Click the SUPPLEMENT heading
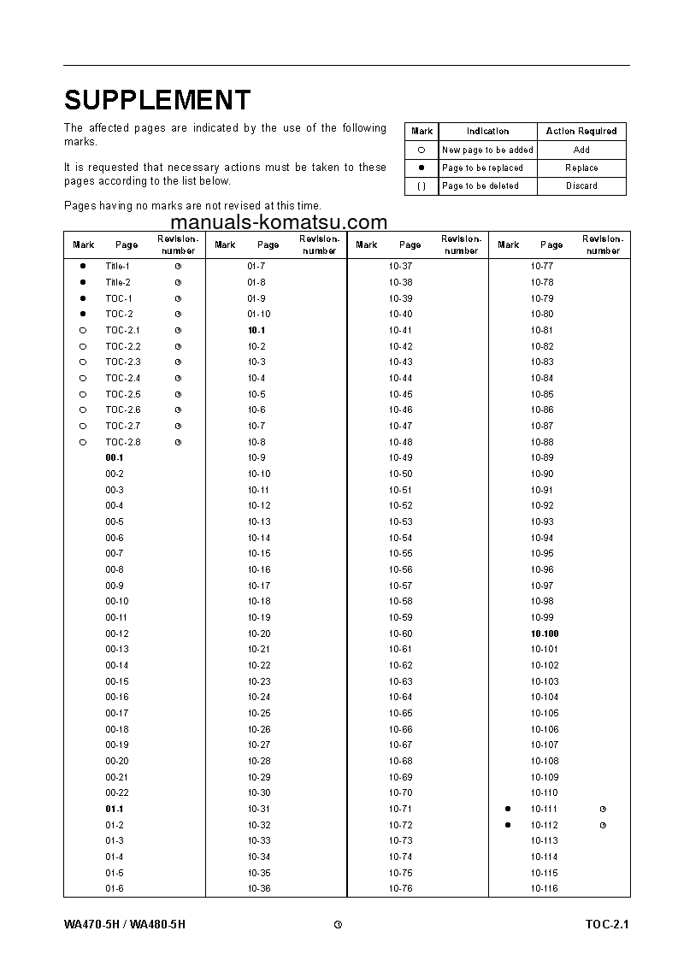pos(157,100)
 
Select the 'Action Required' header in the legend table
pos(581,131)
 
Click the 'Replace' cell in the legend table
pos(581,168)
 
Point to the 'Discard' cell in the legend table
pos(581,186)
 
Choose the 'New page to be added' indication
pos(487,150)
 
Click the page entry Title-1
pos(118,267)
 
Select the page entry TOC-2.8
pos(123,442)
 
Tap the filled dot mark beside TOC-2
pos(83,315)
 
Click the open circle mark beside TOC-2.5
pos(83,394)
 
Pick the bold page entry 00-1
pos(115,458)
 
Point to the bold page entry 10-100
pos(544,633)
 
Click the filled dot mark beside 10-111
pos(508,809)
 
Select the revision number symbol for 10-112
pos(603,825)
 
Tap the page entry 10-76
pos(400,888)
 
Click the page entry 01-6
pos(115,888)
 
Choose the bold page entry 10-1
pos(256,330)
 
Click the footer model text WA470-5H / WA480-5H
pos(124,925)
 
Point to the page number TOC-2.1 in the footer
pos(607,925)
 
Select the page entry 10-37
pos(400,267)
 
